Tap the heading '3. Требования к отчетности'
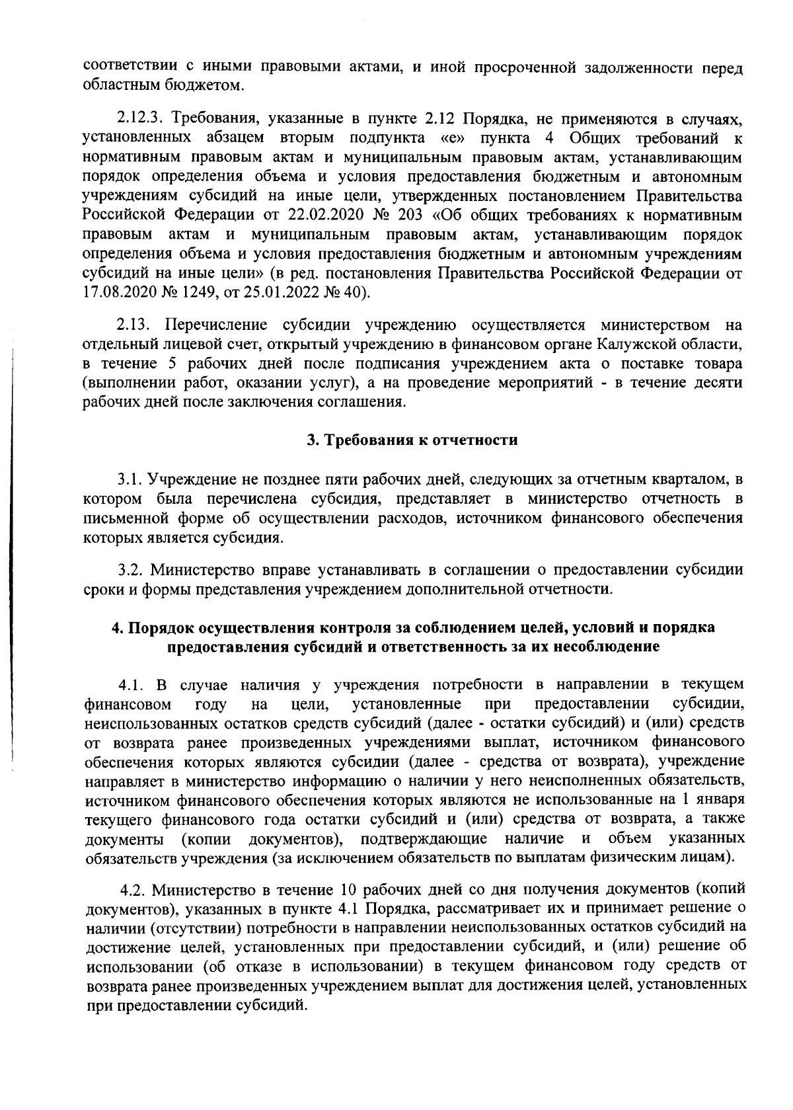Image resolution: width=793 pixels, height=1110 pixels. pos(412,440)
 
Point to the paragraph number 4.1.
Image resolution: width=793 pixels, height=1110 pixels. pos(130,684)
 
